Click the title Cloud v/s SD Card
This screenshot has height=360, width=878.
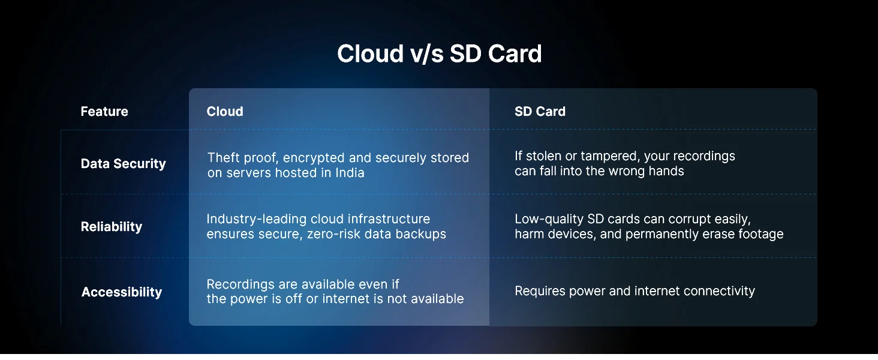440,54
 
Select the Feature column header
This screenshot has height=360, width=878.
104,112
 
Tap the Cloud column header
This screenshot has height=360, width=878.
225,112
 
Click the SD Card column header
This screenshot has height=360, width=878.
540,112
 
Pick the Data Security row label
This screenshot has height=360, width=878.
123,164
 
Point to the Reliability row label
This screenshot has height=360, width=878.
112,227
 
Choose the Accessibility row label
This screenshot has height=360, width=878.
122,292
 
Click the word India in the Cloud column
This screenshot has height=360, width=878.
350,173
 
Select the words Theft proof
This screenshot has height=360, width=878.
243,158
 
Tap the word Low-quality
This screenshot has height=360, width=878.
549,219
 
